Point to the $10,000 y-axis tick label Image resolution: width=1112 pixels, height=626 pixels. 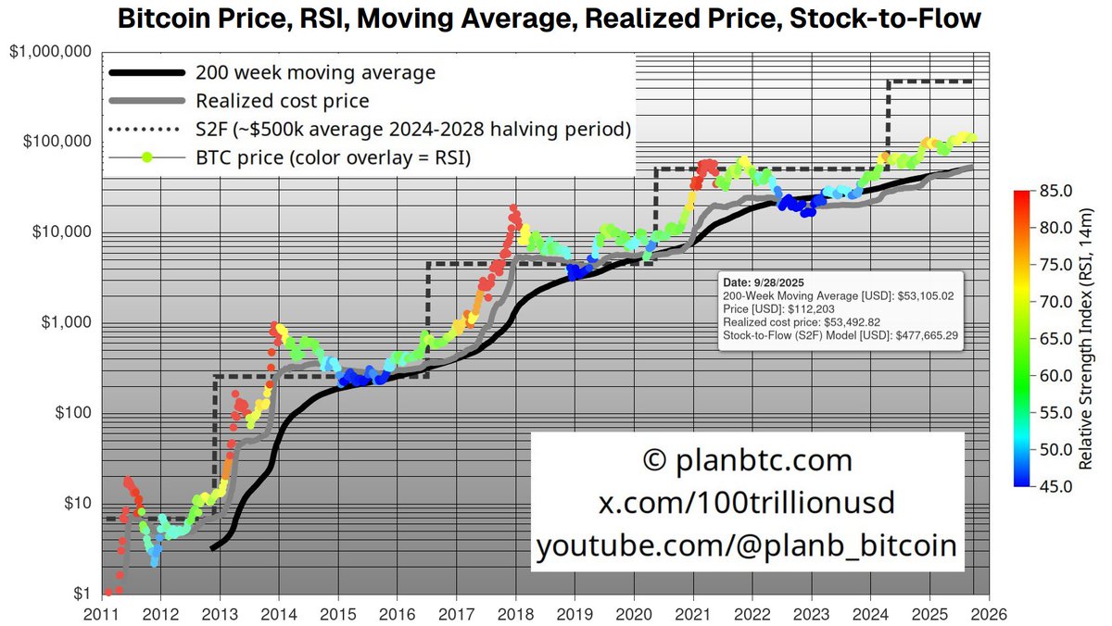coord(60,232)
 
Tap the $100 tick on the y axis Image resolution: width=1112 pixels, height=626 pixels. coord(70,413)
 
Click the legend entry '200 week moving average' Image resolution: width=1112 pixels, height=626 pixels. coord(315,73)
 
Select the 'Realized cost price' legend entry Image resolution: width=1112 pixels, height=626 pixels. coord(283,101)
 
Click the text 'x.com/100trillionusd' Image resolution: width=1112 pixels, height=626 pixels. coord(746,503)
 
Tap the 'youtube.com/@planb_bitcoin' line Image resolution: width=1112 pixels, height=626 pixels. coord(746,545)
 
